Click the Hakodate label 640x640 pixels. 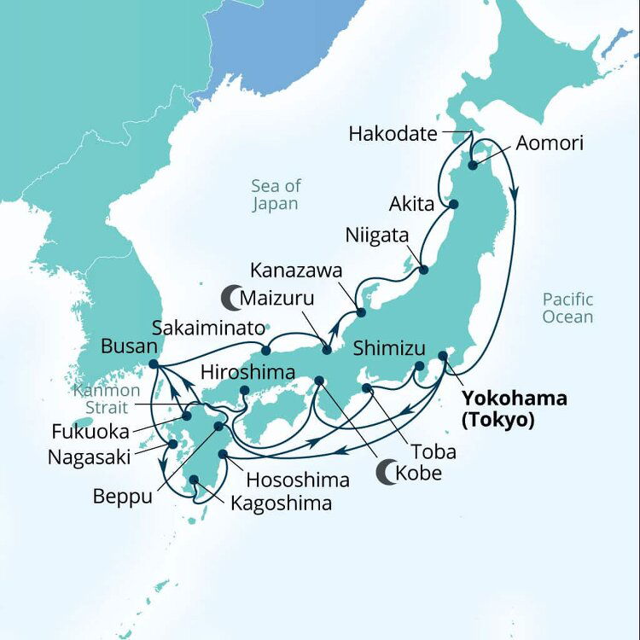[x=393, y=134]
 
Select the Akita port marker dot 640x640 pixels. [x=454, y=205]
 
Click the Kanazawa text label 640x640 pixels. [x=296, y=271]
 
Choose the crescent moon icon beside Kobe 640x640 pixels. [x=388, y=473]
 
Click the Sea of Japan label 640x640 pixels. [x=275, y=195]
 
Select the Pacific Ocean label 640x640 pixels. [x=567, y=308]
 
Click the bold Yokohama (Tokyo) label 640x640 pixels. [x=514, y=408]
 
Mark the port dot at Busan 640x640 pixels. [x=153, y=364]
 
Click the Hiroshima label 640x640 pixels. [x=247, y=372]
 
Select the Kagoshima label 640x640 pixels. [x=281, y=503]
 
